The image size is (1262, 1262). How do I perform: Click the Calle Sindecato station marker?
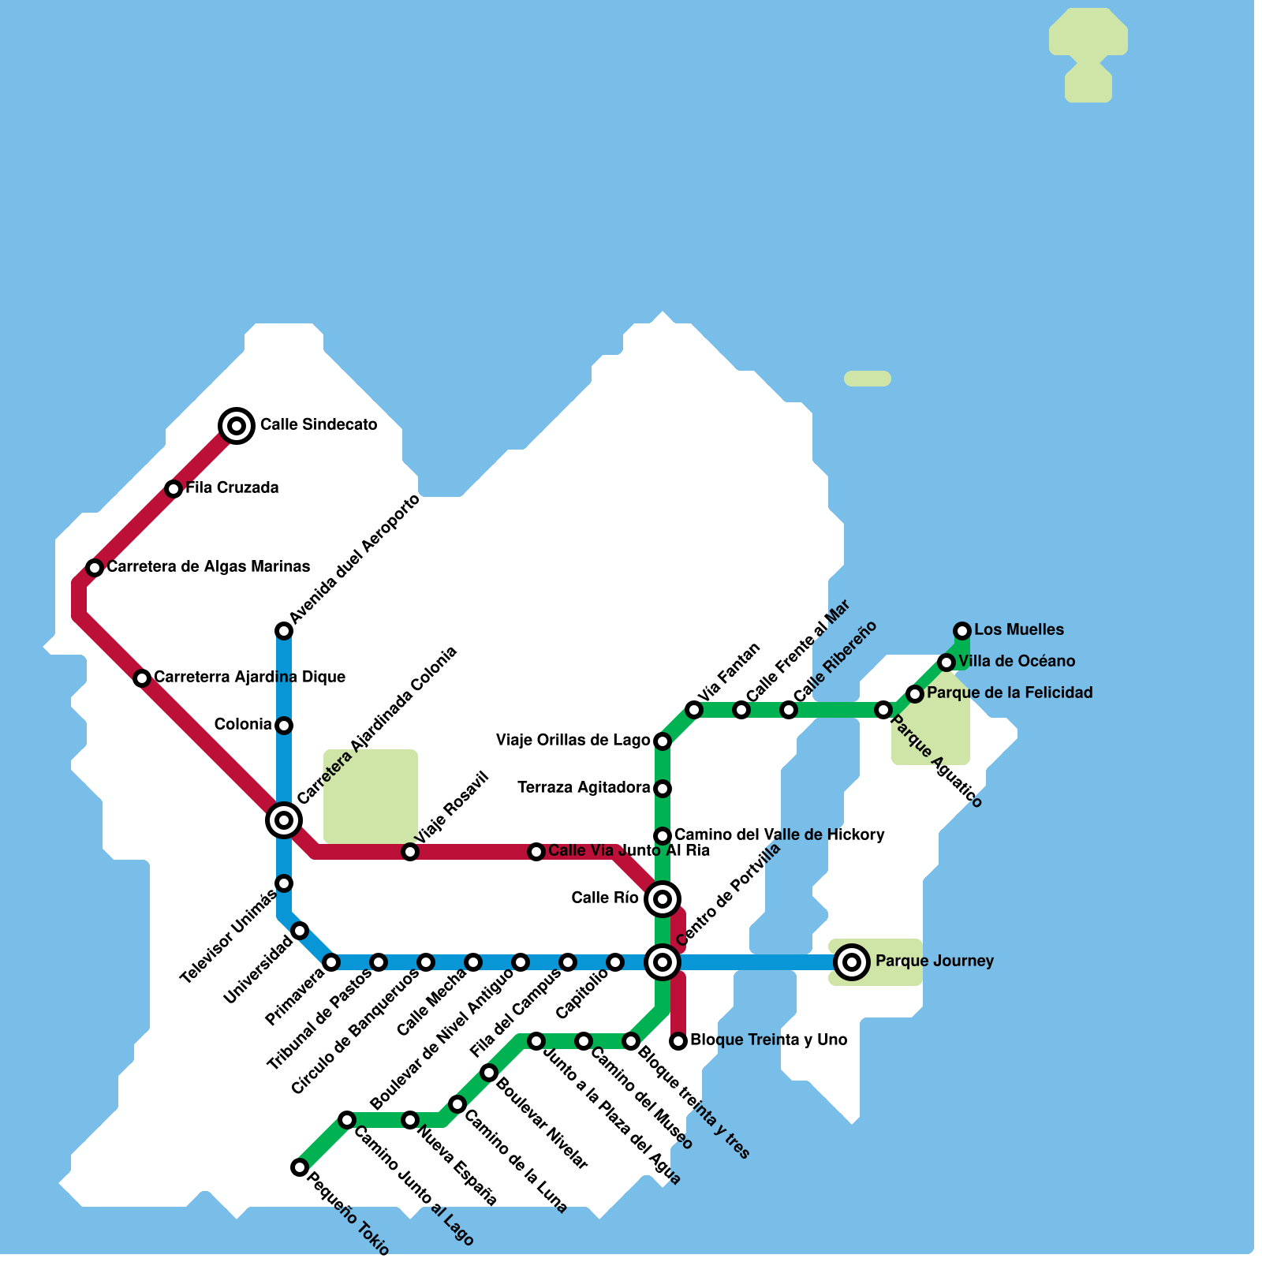(x=237, y=426)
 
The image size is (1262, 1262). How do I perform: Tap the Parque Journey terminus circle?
(x=852, y=962)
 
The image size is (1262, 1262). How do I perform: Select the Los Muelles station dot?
(x=962, y=631)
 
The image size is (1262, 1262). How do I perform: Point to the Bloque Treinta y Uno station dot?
(x=678, y=1041)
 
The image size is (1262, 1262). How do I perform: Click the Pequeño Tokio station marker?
(x=300, y=1167)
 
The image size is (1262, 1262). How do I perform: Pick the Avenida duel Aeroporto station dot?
(x=284, y=631)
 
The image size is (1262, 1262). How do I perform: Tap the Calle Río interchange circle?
(x=663, y=899)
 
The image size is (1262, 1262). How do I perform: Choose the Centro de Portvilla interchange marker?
(x=663, y=962)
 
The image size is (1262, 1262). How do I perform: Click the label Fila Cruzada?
(x=232, y=488)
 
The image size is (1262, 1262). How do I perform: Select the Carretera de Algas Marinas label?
(x=208, y=567)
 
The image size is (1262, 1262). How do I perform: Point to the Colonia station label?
(x=243, y=725)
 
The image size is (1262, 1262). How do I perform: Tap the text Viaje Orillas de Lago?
(x=573, y=741)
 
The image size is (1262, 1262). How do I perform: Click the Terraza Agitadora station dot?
(x=663, y=789)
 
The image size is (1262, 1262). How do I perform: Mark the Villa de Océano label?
(x=1017, y=662)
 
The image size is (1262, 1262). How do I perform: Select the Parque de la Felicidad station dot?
(x=915, y=694)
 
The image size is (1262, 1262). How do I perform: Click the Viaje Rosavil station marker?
(x=410, y=852)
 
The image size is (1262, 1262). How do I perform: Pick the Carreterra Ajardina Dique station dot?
(x=142, y=678)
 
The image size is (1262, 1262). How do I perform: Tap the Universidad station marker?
(x=300, y=931)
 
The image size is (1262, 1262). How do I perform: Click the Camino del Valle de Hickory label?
(x=779, y=835)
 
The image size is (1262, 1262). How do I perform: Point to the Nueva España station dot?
(x=410, y=1120)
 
